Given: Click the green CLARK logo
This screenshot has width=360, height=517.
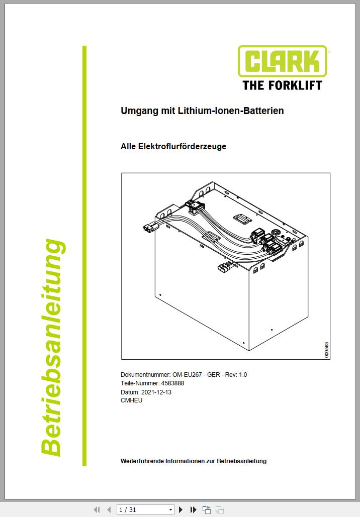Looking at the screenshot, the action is tap(283, 61).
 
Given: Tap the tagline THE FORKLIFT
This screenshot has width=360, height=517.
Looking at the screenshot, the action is tap(282, 85).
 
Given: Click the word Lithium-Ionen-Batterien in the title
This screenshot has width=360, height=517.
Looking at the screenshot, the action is tap(231, 111).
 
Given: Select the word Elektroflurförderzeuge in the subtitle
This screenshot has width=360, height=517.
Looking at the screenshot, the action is tap(182, 146).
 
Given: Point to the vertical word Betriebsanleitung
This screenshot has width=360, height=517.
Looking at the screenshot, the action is tap(52, 348).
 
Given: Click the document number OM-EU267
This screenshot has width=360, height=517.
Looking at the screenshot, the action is tap(187, 375).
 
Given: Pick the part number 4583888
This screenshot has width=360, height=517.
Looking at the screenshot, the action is tap(172, 383).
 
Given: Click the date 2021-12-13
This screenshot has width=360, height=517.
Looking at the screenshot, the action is tap(156, 392).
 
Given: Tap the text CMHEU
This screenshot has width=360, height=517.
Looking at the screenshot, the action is tap(131, 400).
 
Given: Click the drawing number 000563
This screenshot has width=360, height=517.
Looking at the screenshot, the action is tap(326, 350).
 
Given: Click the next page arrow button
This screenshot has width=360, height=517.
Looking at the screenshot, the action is tap(181, 510).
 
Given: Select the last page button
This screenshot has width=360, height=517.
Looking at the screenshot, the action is tap(194, 510).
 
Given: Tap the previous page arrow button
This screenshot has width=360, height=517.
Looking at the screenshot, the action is tap(109, 510).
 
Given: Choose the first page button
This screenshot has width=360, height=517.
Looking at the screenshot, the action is tap(97, 510).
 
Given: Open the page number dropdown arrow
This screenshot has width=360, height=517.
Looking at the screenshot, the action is tap(170, 510).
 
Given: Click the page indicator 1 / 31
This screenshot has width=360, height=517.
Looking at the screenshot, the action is tap(127, 510).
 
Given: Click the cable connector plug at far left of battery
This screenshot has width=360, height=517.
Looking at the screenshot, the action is tap(150, 228).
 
